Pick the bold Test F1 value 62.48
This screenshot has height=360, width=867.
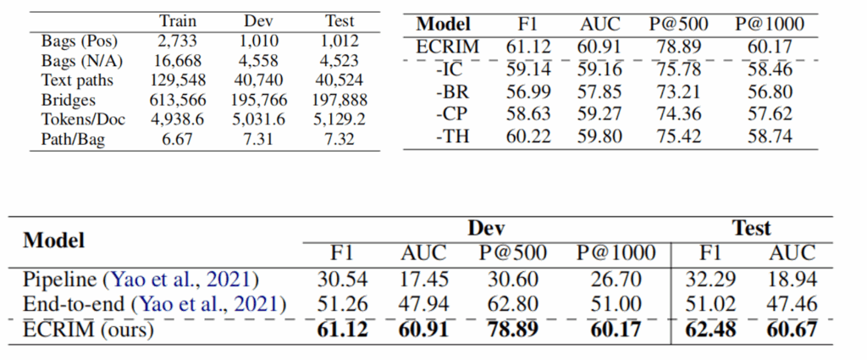pos(711,329)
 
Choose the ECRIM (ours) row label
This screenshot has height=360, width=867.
pos(88,329)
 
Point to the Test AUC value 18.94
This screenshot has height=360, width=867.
pos(792,280)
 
